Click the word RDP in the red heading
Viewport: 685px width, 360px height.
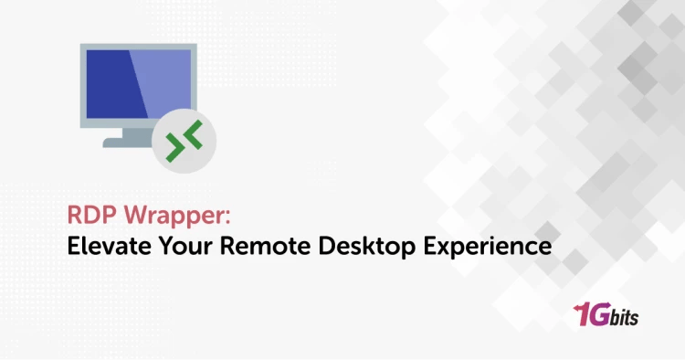(90, 217)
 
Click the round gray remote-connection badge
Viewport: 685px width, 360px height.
(189, 143)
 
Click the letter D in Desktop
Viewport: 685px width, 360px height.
(312, 246)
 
